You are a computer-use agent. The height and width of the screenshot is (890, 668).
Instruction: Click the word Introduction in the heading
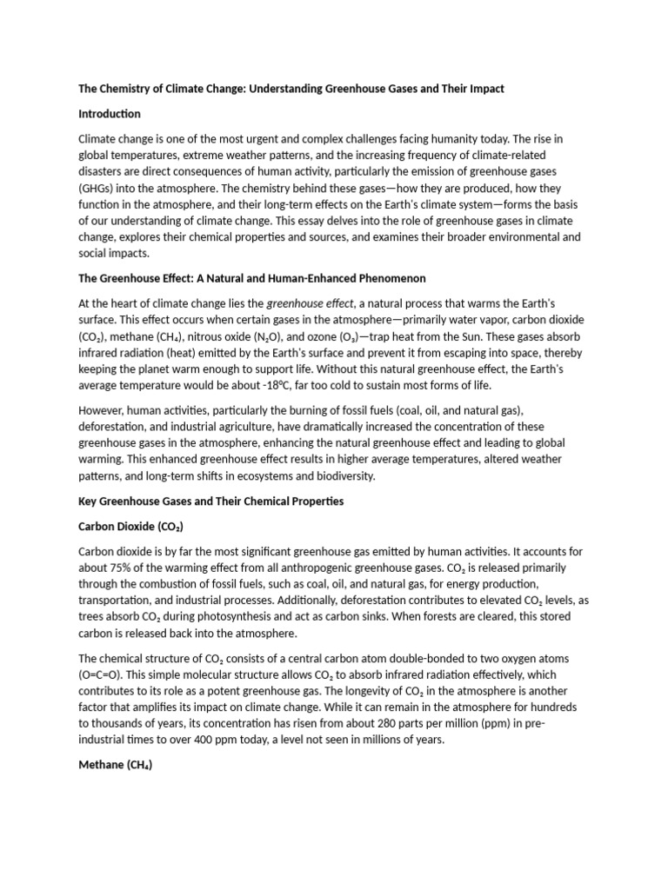[109, 114]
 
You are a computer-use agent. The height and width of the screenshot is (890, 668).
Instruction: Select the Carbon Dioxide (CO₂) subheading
[131, 527]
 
